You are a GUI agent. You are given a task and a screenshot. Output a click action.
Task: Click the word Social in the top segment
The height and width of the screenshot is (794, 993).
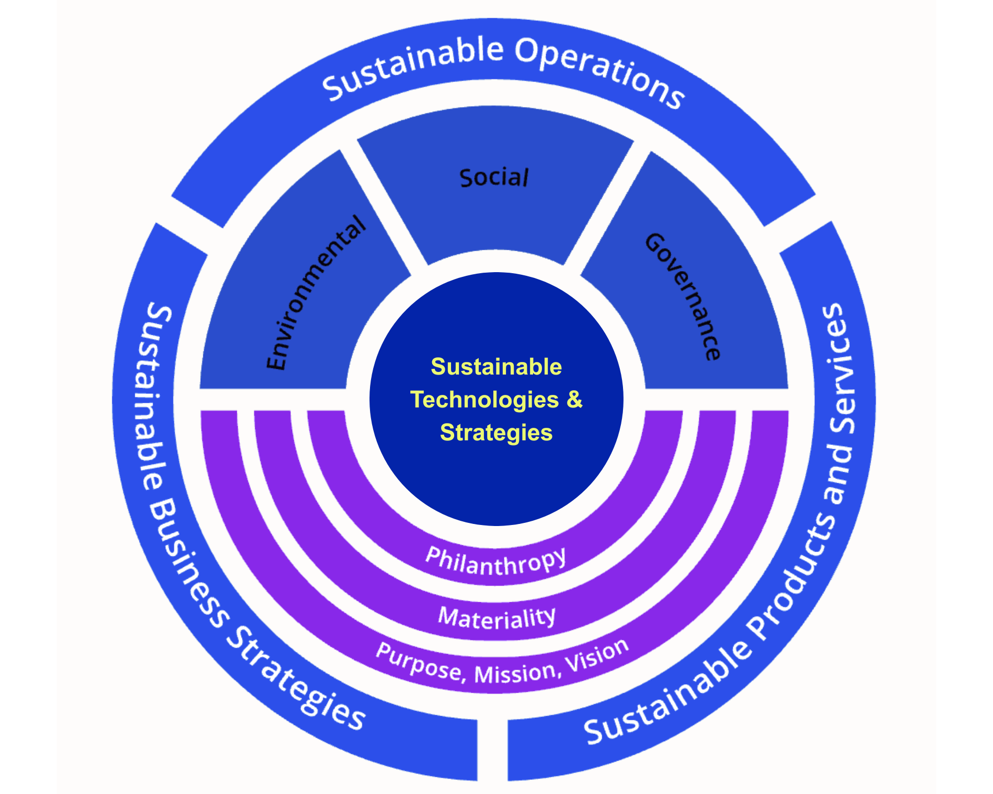tap(494, 178)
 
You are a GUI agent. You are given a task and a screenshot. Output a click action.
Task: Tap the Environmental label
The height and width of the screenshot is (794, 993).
tap(316, 293)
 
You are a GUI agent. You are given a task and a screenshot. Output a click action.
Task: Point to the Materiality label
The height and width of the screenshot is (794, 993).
tap(496, 618)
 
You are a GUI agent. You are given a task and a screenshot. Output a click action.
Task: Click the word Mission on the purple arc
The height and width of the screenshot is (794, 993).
tap(515, 673)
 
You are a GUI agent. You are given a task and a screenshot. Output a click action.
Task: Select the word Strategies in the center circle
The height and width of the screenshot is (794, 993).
tap(496, 433)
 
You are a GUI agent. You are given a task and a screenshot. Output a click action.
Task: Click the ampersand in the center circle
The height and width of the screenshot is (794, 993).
tap(574, 400)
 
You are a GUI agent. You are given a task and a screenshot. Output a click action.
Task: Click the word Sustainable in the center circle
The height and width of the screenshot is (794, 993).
tap(496, 367)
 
